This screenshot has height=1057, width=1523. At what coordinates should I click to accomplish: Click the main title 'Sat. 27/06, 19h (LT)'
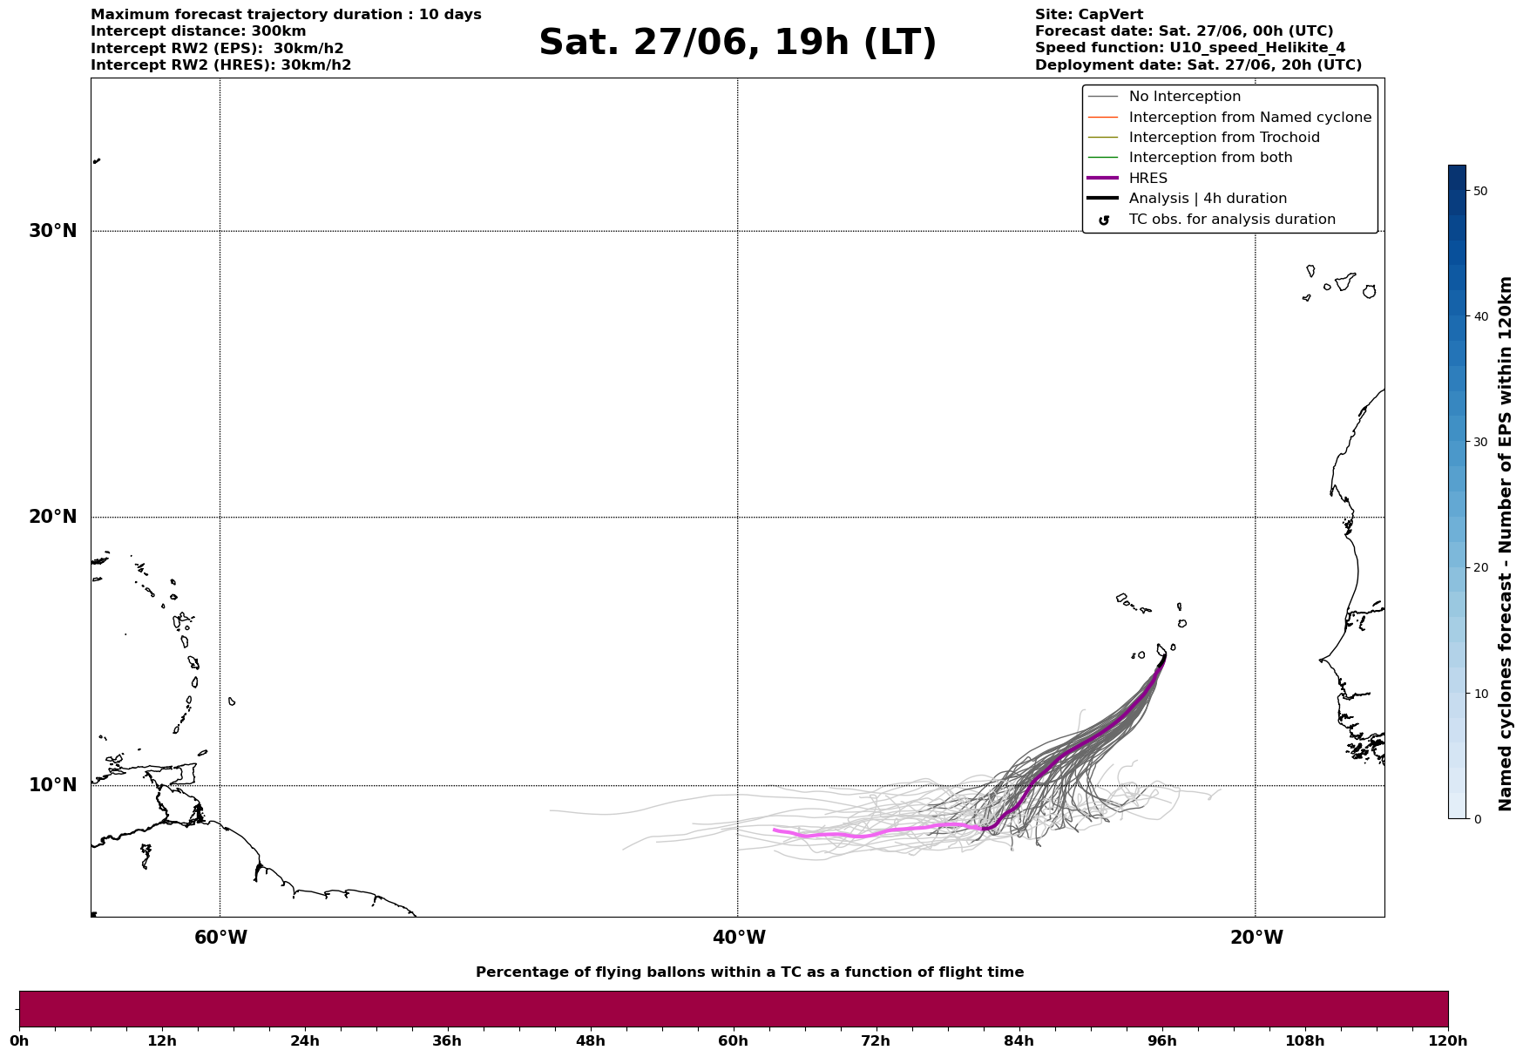(737, 43)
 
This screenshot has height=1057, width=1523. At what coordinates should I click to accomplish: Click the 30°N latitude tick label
(53, 231)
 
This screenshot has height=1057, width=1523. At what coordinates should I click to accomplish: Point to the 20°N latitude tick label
(53, 517)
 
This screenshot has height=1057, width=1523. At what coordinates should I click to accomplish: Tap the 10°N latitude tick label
(53, 785)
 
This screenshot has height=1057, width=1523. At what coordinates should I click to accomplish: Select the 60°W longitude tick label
(220, 938)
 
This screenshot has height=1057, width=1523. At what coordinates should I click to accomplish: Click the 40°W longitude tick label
(739, 938)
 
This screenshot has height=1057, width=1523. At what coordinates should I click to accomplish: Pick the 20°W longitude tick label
(1256, 938)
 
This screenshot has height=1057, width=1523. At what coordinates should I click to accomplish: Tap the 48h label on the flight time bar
(590, 1040)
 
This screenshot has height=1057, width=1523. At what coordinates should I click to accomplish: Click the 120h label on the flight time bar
(1448, 1040)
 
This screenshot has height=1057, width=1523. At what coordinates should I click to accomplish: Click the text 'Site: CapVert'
(1089, 15)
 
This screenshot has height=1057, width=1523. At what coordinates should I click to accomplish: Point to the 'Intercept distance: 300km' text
(199, 31)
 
